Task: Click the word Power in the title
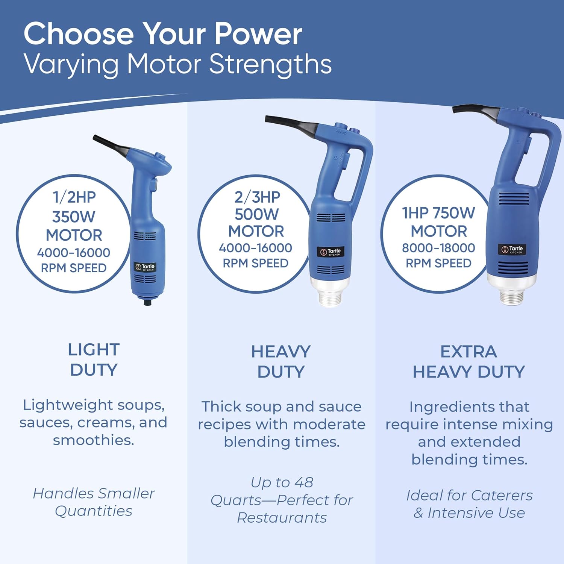click(258, 34)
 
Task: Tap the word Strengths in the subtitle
click(270, 64)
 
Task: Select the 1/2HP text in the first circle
click(74, 197)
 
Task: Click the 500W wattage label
click(256, 214)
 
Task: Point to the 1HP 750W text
click(438, 213)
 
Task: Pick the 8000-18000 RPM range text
click(438, 248)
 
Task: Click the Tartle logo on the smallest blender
click(145, 267)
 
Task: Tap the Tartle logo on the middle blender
click(330, 252)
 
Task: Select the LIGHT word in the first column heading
click(94, 350)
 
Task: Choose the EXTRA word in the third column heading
click(468, 352)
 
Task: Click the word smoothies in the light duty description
click(93, 440)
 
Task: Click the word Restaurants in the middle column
click(282, 518)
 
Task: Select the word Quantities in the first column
click(94, 511)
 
